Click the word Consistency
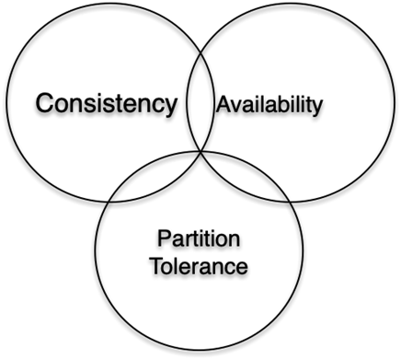coord(107,104)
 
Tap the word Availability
coord(269,106)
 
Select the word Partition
coord(199,238)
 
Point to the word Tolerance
coord(200,266)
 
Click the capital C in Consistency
coord(45,103)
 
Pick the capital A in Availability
coord(224,104)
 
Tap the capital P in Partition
coord(165,238)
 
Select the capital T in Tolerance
coord(159,265)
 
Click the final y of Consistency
coord(170,108)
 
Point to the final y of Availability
coord(316,108)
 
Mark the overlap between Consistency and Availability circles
coord(200,102)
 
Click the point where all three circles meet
coord(200,151)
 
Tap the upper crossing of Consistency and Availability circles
coord(200,52)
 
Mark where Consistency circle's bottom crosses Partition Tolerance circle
coord(108,202)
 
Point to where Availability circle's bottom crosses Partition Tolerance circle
coord(290,202)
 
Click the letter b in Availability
coord(281,104)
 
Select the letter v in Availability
coord(239,106)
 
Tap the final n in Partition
coord(234,240)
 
